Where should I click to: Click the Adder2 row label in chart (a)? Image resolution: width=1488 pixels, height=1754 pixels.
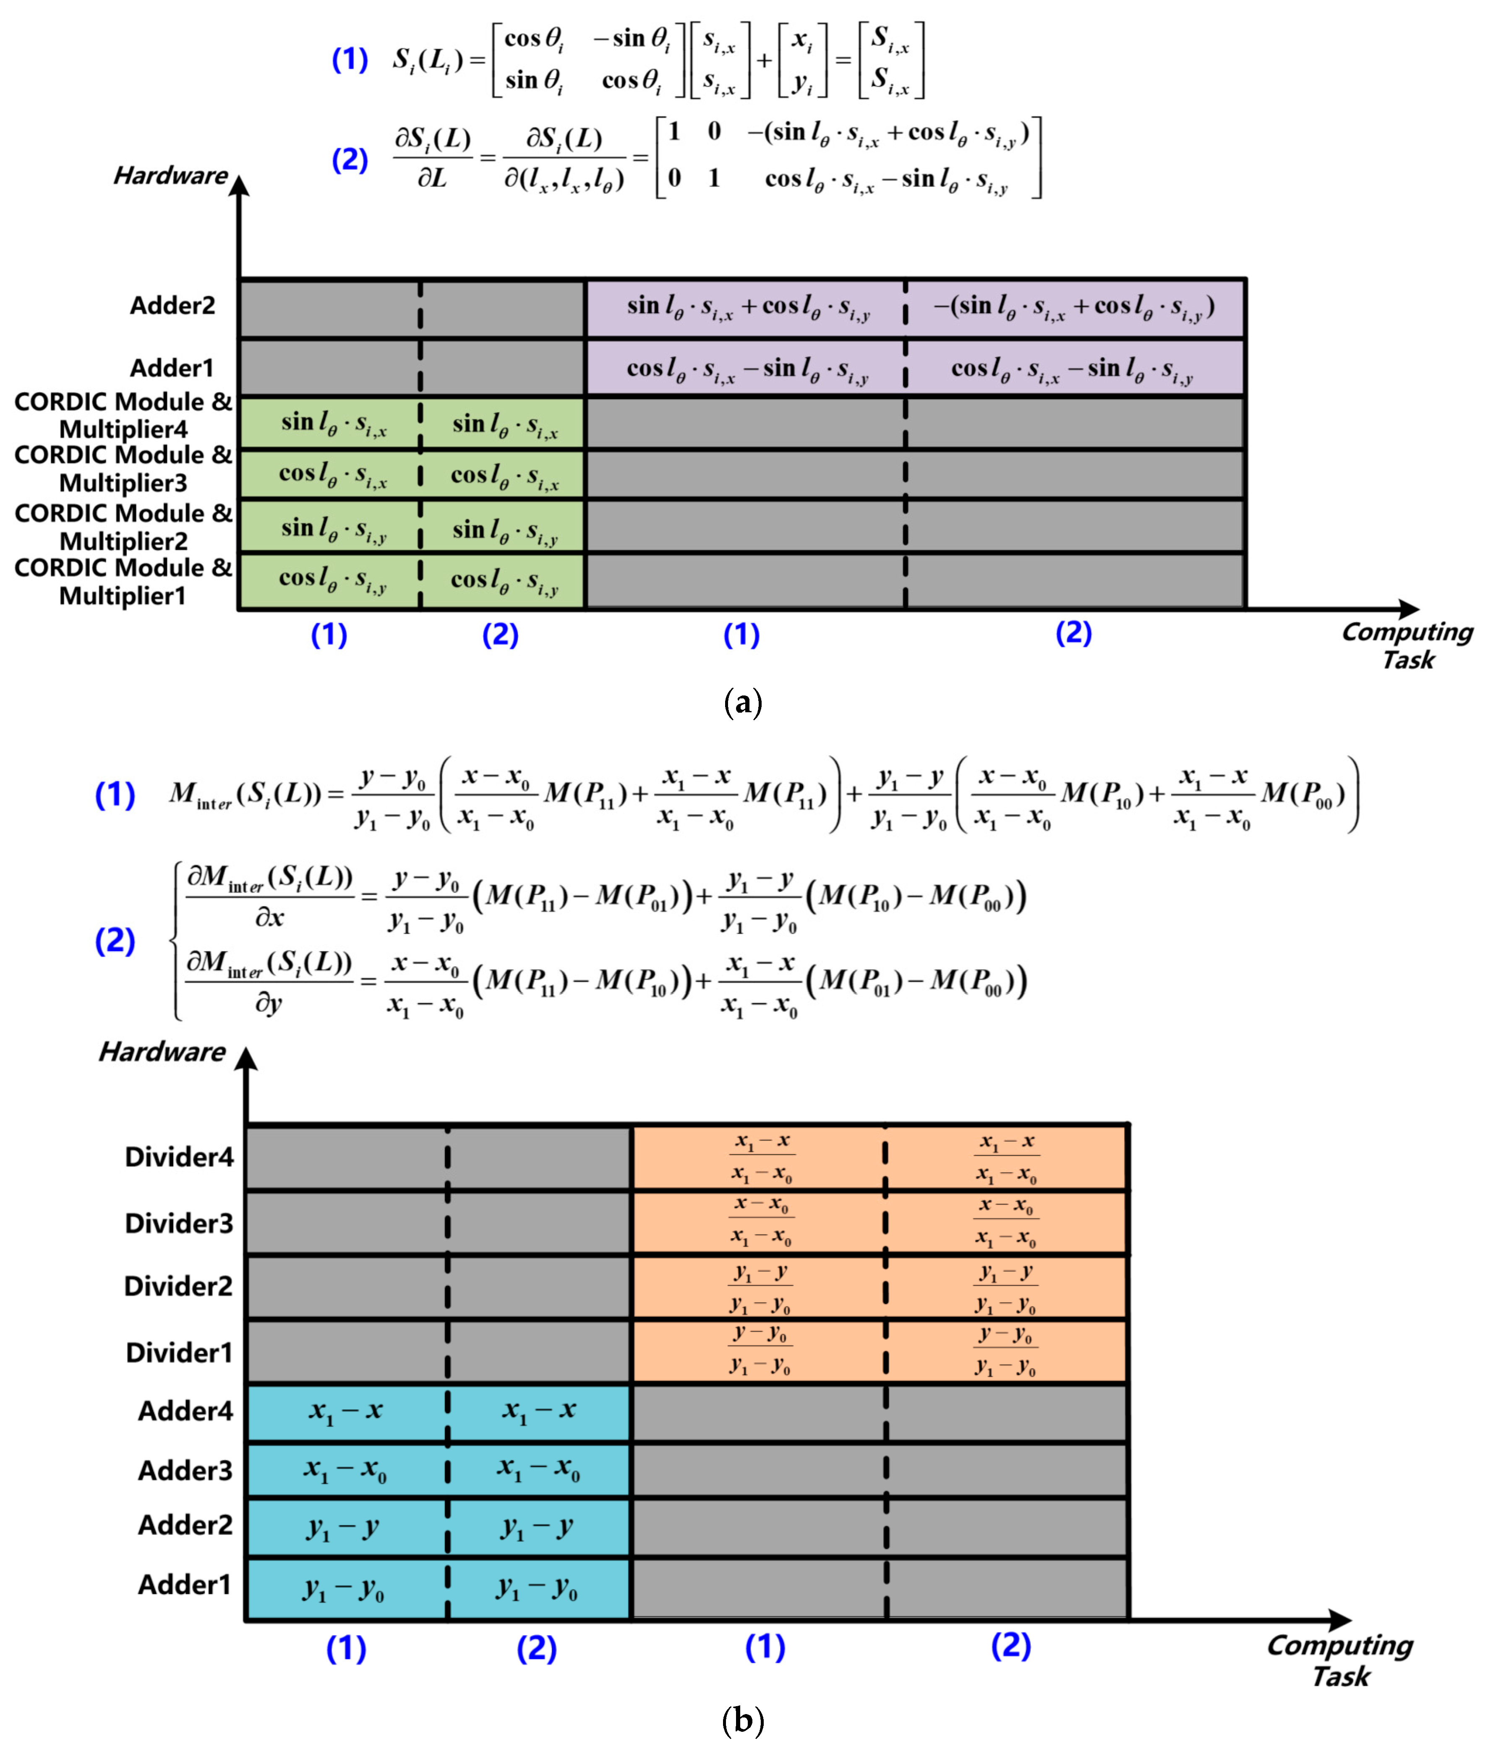pos(172,306)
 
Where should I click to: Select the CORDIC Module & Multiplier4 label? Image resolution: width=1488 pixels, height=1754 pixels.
pos(123,415)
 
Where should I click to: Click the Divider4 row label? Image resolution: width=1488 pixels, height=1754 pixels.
pos(179,1157)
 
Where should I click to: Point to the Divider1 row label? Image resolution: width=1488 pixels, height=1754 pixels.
pos(179,1352)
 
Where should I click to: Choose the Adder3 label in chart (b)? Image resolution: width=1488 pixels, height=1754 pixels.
pos(185,1471)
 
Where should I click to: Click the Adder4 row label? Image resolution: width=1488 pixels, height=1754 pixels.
pos(185,1411)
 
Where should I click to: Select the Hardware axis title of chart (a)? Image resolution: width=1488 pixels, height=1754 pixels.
pos(170,175)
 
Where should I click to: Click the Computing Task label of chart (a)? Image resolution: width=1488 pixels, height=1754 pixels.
pos(1407,646)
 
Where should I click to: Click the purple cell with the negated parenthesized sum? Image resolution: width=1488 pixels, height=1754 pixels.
pos(1074,307)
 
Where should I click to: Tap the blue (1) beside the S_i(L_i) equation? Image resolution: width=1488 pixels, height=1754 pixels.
pos(349,60)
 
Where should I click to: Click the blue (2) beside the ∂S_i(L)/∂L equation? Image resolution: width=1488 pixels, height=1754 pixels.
pos(349,159)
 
